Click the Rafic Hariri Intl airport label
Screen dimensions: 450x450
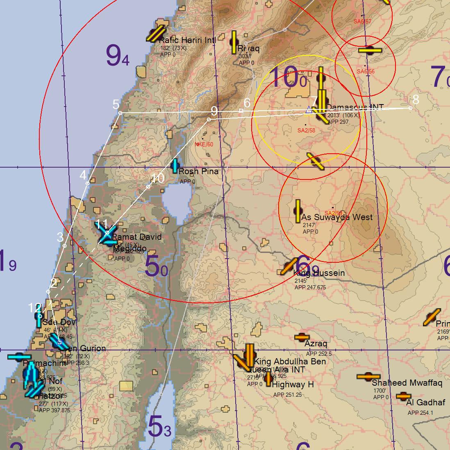[187, 41]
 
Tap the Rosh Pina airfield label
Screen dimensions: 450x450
[198, 172]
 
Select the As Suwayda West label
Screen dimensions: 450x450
[337, 217]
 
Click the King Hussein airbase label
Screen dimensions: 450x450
[319, 273]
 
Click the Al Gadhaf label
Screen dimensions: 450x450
[426, 403]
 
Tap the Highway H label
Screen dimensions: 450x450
[293, 385]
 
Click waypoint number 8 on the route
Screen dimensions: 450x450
[411, 108]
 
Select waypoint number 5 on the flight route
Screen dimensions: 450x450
[120, 113]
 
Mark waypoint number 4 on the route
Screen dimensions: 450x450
[88, 183]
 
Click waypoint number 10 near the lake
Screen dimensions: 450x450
[148, 187]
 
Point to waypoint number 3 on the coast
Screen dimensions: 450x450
[65, 245]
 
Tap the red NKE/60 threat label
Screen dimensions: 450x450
[204, 144]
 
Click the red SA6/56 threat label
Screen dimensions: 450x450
[366, 72]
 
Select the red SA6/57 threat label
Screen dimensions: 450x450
[362, 21]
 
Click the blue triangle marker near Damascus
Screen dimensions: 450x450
[309, 110]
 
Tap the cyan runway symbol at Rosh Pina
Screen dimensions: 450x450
[175, 166]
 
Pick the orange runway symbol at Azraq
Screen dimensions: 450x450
[304, 337]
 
